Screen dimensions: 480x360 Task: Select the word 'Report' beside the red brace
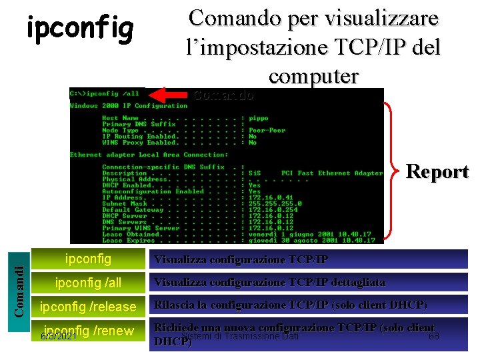coord(437,171)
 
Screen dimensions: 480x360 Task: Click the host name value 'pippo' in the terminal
coord(258,118)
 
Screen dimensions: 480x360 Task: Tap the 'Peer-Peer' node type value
coord(267,130)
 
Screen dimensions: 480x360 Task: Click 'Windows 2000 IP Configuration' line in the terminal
coord(129,106)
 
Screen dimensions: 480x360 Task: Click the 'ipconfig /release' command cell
coord(88,307)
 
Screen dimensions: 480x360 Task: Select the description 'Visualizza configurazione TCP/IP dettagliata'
coord(270,283)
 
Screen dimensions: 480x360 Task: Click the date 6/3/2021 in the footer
coord(58,337)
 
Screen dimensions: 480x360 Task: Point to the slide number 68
coord(434,336)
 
